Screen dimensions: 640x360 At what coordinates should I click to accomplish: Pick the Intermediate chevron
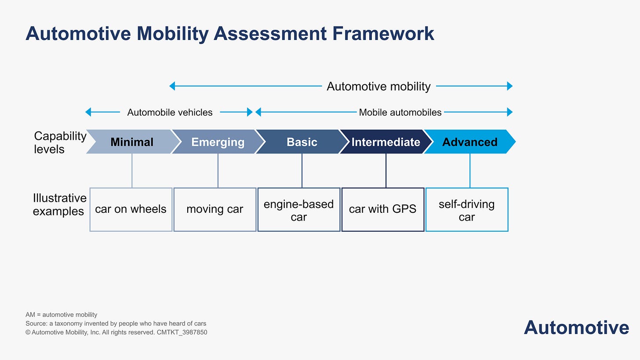click(x=386, y=142)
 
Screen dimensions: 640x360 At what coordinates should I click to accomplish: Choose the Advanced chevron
click(x=470, y=142)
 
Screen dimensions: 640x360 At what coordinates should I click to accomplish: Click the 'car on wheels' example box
click(x=131, y=209)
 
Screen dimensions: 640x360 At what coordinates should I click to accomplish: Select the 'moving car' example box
click(x=215, y=209)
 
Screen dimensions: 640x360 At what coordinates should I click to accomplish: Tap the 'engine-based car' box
click(x=299, y=209)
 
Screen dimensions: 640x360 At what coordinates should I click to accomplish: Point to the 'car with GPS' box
click(x=383, y=209)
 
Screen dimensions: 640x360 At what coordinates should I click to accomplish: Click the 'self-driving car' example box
click(x=467, y=209)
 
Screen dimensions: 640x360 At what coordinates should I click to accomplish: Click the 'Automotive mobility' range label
click(x=378, y=86)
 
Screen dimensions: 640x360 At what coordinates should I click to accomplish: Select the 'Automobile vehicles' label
click(x=170, y=112)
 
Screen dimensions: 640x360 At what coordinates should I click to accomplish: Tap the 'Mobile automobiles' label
click(x=400, y=112)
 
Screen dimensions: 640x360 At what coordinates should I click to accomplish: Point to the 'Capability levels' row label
click(x=60, y=142)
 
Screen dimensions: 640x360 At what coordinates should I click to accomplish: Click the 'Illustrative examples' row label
click(x=59, y=204)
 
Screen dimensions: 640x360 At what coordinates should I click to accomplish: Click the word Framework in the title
click(x=383, y=34)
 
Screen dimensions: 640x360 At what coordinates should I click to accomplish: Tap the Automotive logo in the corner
click(x=576, y=327)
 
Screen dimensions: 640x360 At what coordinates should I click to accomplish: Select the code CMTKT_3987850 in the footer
click(x=182, y=332)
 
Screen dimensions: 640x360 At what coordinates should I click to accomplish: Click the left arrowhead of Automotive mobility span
click(x=172, y=86)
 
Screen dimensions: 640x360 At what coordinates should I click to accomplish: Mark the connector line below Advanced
click(x=470, y=171)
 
